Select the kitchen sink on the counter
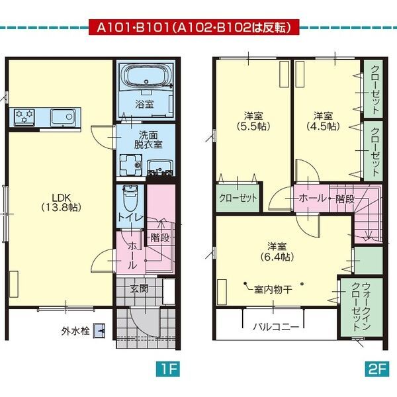[64, 117]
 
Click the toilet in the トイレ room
[130, 197]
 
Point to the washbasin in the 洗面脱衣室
[159, 166]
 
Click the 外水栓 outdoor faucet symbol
[99, 329]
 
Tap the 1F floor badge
[167, 368]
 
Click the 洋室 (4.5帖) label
[323, 120]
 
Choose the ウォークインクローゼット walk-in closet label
[361, 308]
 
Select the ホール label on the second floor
[312, 198]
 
